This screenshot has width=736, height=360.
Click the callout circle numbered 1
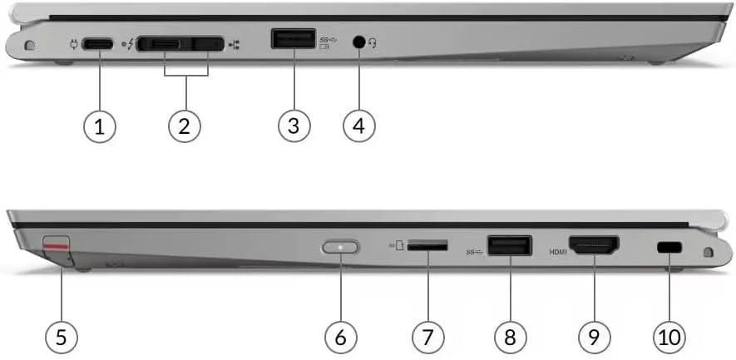(100, 126)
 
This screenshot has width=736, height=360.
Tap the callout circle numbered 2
(185, 126)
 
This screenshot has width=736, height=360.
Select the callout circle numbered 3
(294, 126)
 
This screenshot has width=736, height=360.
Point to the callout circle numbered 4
(359, 126)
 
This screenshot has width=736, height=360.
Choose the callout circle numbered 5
(62, 337)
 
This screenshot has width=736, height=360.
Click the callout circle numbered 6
(340, 337)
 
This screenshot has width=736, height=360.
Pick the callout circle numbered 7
(427, 337)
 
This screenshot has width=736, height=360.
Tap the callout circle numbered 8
(510, 337)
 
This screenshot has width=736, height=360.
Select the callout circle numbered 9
(594, 337)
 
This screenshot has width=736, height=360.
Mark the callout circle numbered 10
(669, 337)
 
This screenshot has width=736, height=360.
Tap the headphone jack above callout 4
(359, 42)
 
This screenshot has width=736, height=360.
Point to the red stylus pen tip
(56, 245)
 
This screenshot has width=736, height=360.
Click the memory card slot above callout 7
(429, 246)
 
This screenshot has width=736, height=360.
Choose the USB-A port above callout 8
(509, 246)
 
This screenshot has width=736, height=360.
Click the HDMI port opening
(593, 246)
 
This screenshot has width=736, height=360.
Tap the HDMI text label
(557, 250)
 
